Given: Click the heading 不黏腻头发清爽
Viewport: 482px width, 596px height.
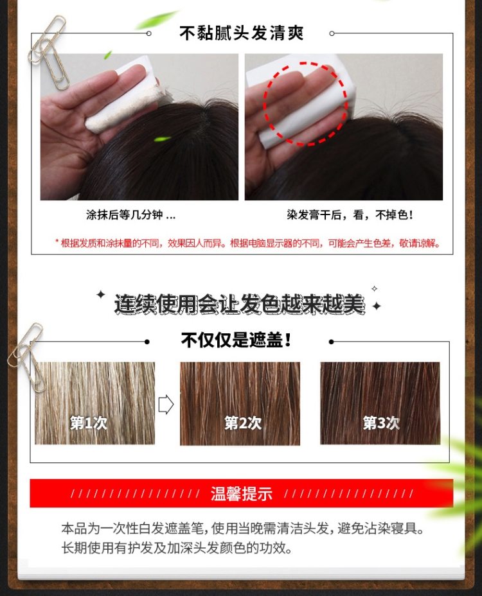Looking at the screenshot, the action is [x=241, y=33].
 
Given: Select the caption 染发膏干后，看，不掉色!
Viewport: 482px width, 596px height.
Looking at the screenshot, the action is [x=350, y=215].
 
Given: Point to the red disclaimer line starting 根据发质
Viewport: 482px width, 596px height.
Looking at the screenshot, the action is [x=247, y=243].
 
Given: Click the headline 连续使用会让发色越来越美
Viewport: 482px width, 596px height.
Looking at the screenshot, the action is [x=239, y=304].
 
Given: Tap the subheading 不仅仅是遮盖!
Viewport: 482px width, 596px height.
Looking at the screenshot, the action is [x=236, y=340].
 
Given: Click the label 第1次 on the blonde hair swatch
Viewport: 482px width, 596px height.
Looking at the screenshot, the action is [x=89, y=423].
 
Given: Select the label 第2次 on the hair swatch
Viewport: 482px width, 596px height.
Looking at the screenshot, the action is [x=243, y=423].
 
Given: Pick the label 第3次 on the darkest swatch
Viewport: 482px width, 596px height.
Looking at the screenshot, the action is [x=381, y=423].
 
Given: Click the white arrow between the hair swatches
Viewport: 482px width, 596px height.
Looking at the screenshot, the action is [x=166, y=405].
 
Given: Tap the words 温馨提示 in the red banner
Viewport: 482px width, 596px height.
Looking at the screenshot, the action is [x=241, y=493].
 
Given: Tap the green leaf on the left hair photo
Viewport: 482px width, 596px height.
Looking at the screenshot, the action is [x=163, y=139].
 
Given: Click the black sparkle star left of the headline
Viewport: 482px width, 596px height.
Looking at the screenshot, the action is [x=101, y=294].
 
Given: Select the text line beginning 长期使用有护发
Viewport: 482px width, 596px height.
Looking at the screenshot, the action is [x=177, y=548].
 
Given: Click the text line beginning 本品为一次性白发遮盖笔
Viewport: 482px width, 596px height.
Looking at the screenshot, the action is [x=243, y=528].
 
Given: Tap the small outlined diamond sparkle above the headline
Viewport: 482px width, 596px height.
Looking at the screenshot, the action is [x=374, y=288].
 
